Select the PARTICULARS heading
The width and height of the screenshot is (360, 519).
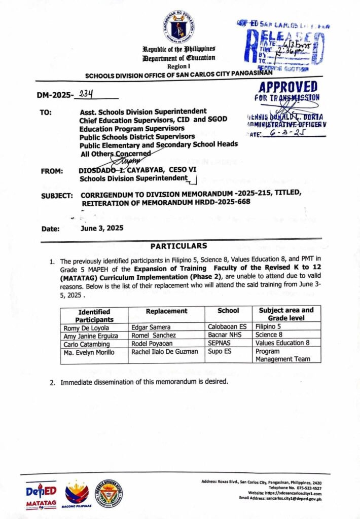tap(178, 246)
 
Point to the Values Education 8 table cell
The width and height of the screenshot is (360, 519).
tap(282, 343)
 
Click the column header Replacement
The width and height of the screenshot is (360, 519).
tap(166, 311)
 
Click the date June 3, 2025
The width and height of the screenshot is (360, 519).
tap(101, 228)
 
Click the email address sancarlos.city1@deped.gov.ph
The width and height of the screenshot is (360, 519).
tap(292, 499)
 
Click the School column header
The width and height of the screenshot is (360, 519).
tap(228, 311)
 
